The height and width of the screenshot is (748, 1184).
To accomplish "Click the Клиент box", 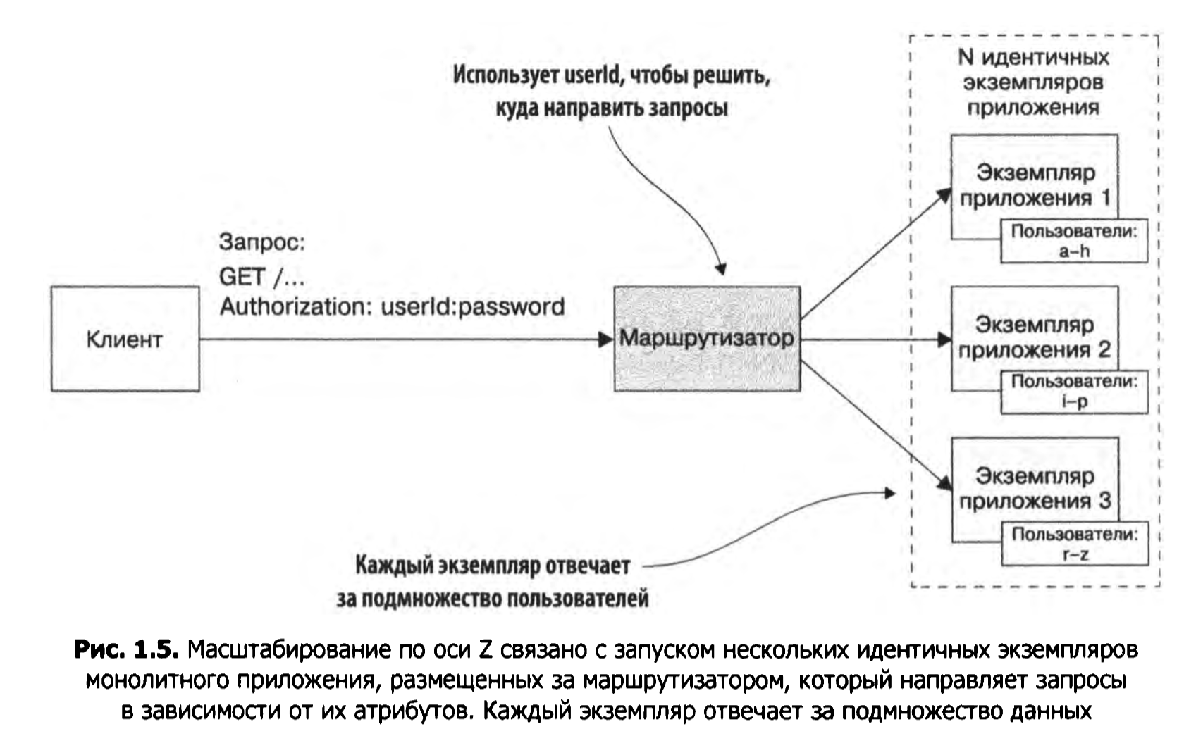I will click(125, 339).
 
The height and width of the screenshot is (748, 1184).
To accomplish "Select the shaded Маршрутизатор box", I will click(707, 339).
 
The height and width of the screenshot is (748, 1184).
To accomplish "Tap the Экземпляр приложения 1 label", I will click(1035, 185).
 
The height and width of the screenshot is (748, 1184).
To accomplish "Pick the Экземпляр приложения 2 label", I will click(1035, 337).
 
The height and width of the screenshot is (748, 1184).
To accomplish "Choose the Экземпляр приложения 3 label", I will click(1035, 489).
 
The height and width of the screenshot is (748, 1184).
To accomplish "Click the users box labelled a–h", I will click(1074, 242).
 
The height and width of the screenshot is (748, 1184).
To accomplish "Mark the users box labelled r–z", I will click(1074, 544).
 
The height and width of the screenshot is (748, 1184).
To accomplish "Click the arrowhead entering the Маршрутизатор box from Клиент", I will click(605, 339).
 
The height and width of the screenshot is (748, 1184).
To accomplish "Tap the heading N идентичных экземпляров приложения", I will click(1033, 82).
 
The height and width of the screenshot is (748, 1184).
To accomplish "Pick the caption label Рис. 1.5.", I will click(127, 649).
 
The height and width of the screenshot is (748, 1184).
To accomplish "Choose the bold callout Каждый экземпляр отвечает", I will click(493, 566).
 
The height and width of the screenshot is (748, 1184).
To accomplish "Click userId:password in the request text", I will click(473, 306).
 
